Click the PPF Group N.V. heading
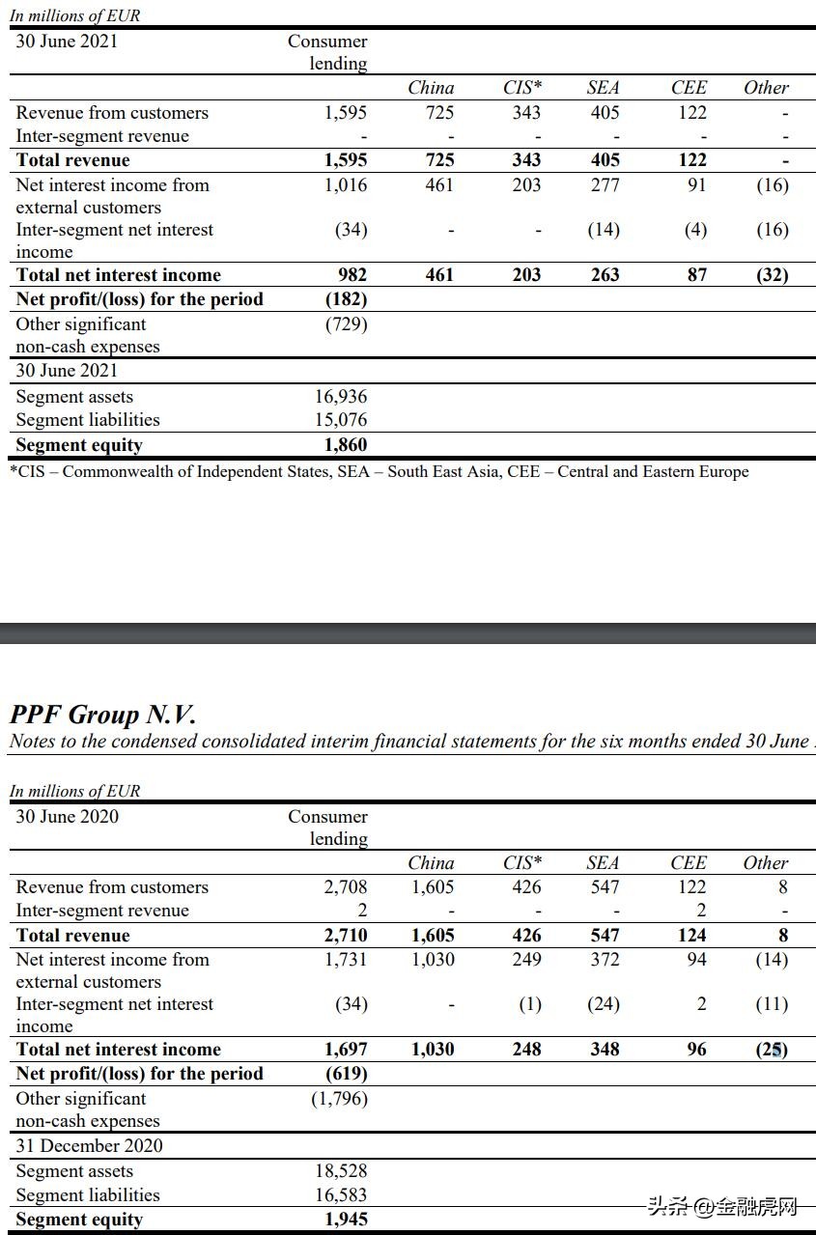[x=102, y=715]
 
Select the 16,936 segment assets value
[x=341, y=397]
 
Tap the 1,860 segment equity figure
[x=345, y=445]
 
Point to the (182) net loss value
[x=346, y=299]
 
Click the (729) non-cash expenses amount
[x=346, y=324]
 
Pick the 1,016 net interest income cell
[x=345, y=185]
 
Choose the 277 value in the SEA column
[x=605, y=185]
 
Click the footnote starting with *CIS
[x=380, y=472]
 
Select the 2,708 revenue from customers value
[x=345, y=887]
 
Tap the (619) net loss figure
[x=346, y=1074]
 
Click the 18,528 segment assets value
[x=341, y=1171]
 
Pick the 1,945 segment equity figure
[x=345, y=1220]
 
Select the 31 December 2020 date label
[x=90, y=1146]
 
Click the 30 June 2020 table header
[x=68, y=817]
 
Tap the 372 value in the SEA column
[x=605, y=960]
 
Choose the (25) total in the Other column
[x=772, y=1050]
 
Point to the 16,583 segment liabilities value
[x=341, y=1195]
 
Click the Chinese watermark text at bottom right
[x=723, y=1207]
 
